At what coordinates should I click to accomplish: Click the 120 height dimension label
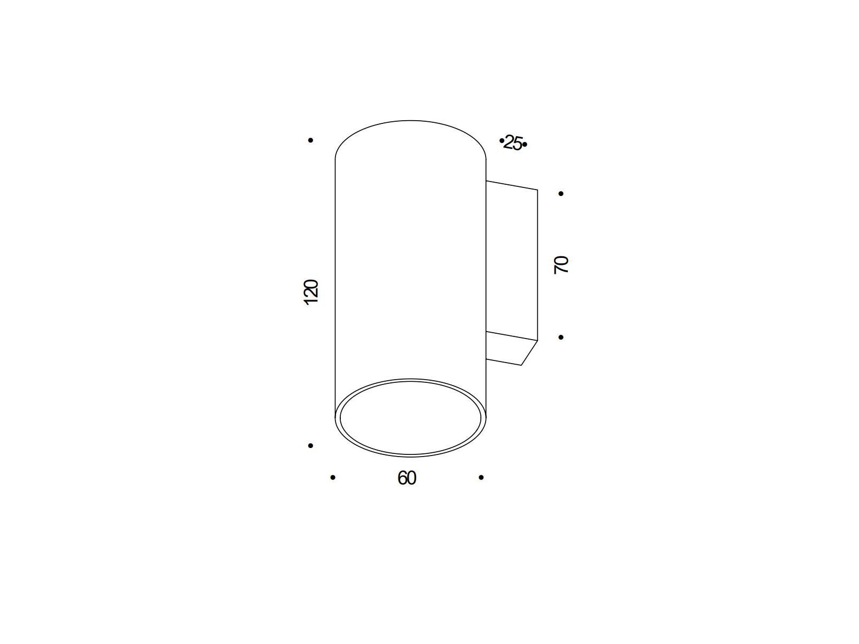point(311,292)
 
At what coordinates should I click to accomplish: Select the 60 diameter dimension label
point(407,478)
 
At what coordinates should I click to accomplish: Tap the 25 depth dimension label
point(513,143)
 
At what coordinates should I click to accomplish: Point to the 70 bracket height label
point(561,265)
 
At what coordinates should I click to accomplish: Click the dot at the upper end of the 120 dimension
point(310,140)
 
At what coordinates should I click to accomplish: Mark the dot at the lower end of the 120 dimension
point(310,445)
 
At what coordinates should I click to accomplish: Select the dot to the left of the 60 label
point(333,477)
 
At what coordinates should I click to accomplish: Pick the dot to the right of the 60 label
point(481,477)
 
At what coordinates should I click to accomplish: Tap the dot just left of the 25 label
point(502,140)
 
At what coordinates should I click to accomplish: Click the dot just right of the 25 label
point(525,145)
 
